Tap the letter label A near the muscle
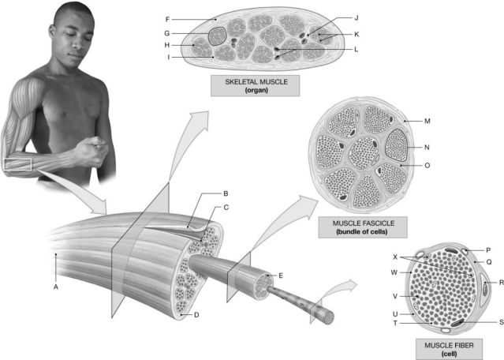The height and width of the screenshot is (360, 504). click(55, 287)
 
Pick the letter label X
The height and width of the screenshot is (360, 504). click(394, 257)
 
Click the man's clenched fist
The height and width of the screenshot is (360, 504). click(95, 149)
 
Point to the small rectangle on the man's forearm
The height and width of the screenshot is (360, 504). click(17, 164)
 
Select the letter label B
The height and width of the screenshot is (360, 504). click(226, 193)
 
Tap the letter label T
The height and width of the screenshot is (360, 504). click(394, 323)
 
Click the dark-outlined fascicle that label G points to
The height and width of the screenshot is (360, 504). click(217, 35)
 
